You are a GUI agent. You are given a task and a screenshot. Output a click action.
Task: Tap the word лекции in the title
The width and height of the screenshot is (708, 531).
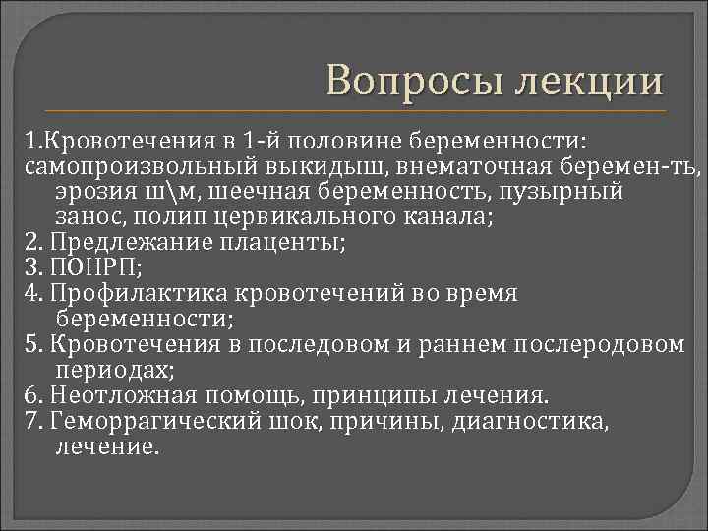(586, 81)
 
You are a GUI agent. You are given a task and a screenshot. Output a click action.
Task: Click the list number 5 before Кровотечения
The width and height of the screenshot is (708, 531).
(30, 345)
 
